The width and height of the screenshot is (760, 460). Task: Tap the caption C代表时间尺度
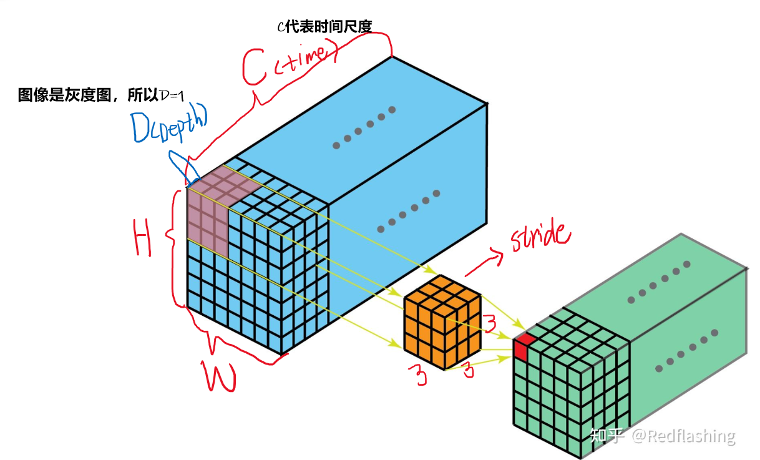[x=324, y=26]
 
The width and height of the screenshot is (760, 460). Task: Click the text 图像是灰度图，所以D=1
[x=99, y=95]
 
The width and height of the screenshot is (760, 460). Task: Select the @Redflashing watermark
[x=683, y=435]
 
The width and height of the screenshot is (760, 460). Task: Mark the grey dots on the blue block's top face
[x=364, y=127]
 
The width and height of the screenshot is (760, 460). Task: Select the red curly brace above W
[x=237, y=343]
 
